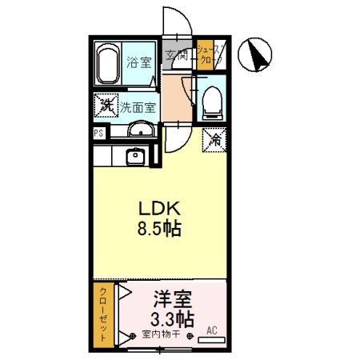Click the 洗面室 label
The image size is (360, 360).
point(138,105)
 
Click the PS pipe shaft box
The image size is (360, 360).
point(98,133)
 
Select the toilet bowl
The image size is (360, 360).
point(212,100)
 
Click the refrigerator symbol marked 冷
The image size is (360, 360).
point(214,138)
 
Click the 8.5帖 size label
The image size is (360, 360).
point(159,228)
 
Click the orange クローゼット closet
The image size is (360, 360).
point(102,315)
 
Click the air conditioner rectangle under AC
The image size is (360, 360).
point(211,340)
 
